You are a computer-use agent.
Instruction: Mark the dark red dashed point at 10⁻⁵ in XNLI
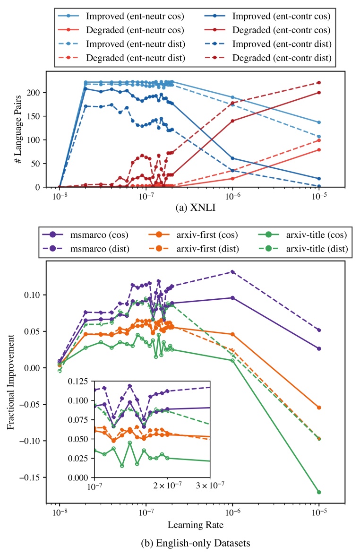point(319,83)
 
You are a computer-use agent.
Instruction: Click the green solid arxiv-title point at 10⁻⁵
point(319,492)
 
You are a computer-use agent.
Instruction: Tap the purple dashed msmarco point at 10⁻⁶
point(232,272)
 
